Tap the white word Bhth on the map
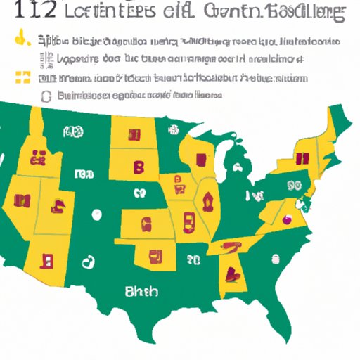(141, 291)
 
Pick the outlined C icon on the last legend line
(46, 95)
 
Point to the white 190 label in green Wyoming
(84, 174)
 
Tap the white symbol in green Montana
(71, 132)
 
